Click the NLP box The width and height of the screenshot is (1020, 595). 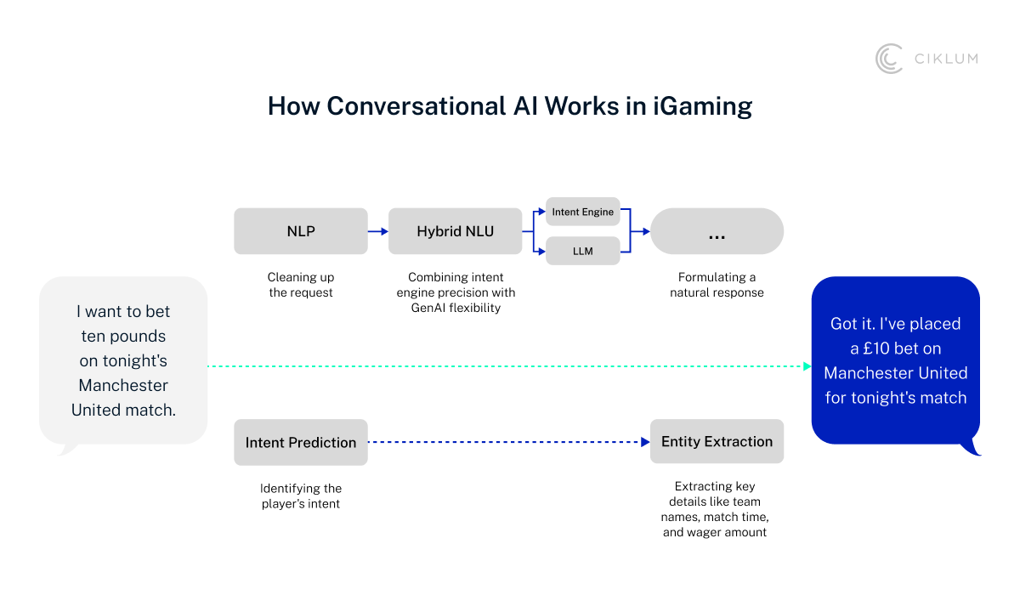pyautogui.click(x=301, y=231)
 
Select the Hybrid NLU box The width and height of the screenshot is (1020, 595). pyautogui.click(x=455, y=231)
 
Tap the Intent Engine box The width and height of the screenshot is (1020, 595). pyautogui.click(x=582, y=212)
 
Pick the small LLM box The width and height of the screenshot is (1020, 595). pyautogui.click(x=582, y=251)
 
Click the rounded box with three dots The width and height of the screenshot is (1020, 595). pyautogui.click(x=717, y=231)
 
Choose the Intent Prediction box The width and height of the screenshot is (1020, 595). pyautogui.click(x=301, y=442)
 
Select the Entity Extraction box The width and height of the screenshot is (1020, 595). pyautogui.click(x=717, y=441)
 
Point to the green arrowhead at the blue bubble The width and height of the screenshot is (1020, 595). pyautogui.click(x=807, y=366)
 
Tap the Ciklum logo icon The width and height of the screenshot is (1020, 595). pyautogui.click(x=889, y=59)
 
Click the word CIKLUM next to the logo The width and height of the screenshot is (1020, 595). pyautogui.click(x=945, y=59)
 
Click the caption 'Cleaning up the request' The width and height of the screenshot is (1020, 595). pyautogui.click(x=301, y=285)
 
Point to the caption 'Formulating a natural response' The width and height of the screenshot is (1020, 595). pyautogui.click(x=717, y=285)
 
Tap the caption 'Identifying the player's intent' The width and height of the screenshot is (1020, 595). pyautogui.click(x=301, y=496)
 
